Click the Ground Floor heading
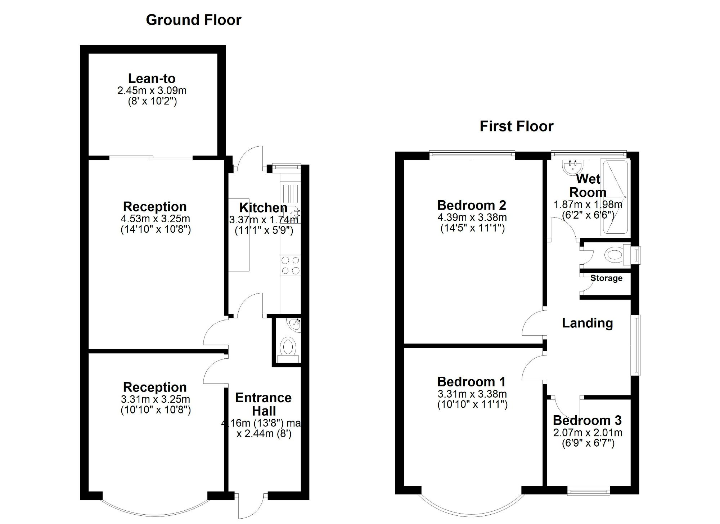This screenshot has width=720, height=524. click(193, 20)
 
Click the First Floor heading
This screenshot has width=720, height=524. click(516, 126)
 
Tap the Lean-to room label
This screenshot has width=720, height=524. click(152, 79)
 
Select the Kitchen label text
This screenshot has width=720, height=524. click(263, 208)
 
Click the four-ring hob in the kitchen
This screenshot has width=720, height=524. click(291, 265)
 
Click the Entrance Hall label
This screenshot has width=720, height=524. click(264, 404)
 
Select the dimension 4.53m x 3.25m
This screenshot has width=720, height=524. click(155, 219)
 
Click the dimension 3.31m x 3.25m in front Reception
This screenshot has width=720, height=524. click(155, 399)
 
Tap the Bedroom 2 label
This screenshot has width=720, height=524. click(472, 205)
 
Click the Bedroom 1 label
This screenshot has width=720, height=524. click(472, 381)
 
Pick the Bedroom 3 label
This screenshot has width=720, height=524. click(587, 420)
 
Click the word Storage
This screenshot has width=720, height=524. click(606, 278)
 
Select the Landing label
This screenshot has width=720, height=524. click(587, 323)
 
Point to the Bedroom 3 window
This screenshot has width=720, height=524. click(589, 491)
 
